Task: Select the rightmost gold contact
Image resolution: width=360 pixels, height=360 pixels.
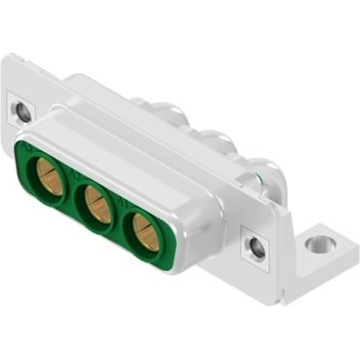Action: coord(144,231)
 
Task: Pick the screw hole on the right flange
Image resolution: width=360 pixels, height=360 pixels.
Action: coord(257,248)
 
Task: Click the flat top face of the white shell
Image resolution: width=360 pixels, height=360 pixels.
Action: coord(137,146)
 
